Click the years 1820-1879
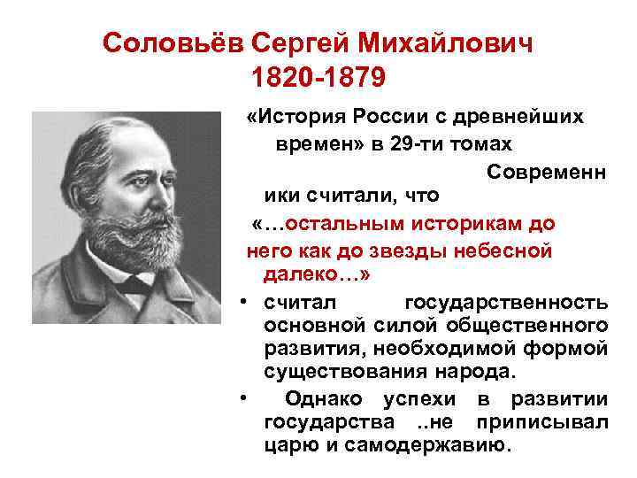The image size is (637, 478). pyautogui.click(x=318, y=79)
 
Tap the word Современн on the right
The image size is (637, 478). pyautogui.click(x=546, y=170)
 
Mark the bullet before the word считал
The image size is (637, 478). pyautogui.click(x=242, y=302)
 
